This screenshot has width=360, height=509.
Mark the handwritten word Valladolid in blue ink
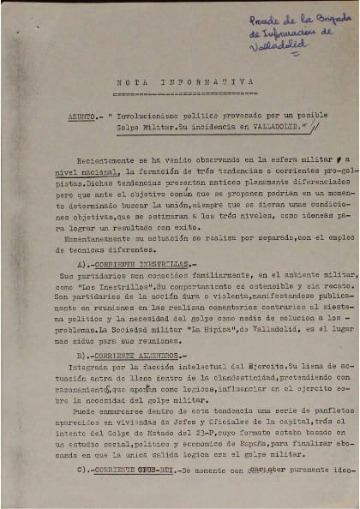point(275,46)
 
